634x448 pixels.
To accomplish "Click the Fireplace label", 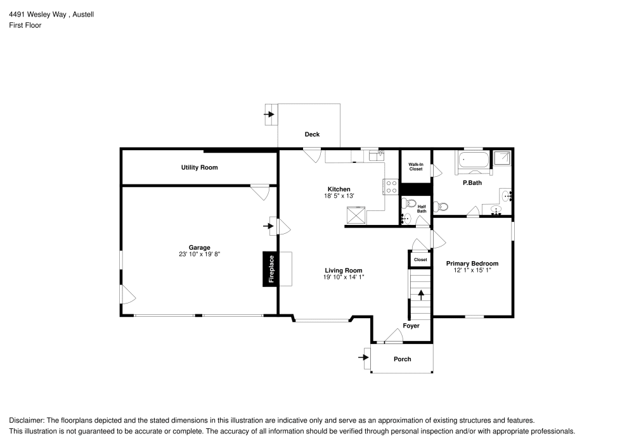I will click(x=271, y=269).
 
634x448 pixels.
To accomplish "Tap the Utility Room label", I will click(x=199, y=168).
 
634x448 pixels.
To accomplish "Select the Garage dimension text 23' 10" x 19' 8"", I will click(x=199, y=254).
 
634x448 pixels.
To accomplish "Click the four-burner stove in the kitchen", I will click(x=391, y=186).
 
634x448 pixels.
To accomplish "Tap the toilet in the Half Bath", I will click(x=407, y=203).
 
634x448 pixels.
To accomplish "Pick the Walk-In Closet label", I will click(x=415, y=167).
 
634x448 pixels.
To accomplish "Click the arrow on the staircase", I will click(x=420, y=295).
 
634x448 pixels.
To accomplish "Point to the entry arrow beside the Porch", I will click(x=364, y=357).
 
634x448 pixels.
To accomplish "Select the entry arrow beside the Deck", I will click(x=269, y=115).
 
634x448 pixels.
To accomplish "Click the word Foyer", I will click(x=411, y=326).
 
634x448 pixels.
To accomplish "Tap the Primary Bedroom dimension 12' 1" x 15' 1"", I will click(x=472, y=270).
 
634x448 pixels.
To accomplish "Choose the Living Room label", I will click(x=344, y=271).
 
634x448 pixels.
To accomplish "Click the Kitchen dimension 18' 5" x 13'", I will click(x=339, y=196).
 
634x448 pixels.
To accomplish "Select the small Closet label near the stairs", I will click(x=420, y=260).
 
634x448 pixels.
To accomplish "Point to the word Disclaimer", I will click(x=25, y=420).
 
